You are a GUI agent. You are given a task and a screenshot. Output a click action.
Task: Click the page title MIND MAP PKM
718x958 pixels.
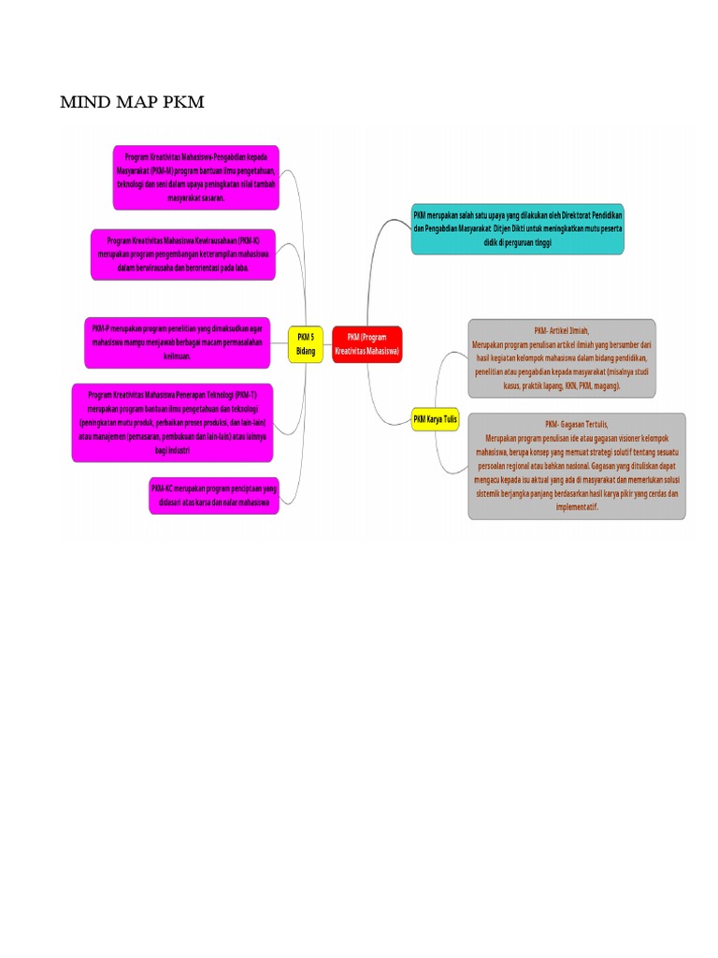point(132,101)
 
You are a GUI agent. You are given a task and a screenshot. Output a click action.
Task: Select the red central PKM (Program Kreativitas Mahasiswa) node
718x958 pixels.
point(366,344)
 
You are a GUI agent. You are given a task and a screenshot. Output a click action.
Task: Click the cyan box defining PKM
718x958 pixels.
point(517,228)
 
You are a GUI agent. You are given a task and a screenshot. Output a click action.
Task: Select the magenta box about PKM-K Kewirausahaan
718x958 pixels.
point(184,254)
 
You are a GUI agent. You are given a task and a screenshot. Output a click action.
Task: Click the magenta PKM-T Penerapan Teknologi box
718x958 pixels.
point(173,422)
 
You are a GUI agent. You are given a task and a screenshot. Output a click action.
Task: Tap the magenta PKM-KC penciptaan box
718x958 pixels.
point(213,496)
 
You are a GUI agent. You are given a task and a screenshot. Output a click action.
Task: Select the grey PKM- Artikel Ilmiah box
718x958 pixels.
point(562,358)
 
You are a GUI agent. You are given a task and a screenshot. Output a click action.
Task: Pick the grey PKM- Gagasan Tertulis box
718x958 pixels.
point(577,466)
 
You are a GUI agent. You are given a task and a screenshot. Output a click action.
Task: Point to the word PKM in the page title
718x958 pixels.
point(182,101)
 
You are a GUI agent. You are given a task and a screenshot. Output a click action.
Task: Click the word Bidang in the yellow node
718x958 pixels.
point(306,351)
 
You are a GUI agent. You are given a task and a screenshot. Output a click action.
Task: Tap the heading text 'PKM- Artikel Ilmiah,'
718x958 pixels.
point(562,331)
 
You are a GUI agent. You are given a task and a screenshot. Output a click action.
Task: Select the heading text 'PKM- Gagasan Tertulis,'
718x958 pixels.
point(577,425)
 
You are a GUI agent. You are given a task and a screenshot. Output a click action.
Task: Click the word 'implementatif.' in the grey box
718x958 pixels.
point(577,507)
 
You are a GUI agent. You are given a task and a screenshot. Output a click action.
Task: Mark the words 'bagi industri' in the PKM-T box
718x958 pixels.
point(173,450)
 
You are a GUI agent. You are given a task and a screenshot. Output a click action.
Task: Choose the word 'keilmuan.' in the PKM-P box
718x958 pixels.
point(177,356)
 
